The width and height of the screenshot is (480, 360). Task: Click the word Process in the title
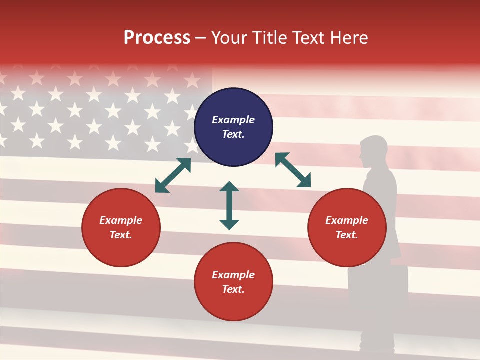click(x=157, y=38)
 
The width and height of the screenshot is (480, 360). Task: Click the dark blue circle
click(x=233, y=127)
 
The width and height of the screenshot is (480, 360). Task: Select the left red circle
click(x=121, y=227)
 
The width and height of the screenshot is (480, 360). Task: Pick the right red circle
click(x=347, y=227)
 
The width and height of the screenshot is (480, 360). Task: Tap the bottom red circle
click(x=233, y=282)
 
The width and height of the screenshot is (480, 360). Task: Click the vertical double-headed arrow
click(x=229, y=205)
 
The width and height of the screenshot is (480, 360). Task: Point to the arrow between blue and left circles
click(x=173, y=175)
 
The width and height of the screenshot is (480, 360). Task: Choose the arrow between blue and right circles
click(x=293, y=170)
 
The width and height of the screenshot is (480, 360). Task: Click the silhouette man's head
click(x=372, y=150)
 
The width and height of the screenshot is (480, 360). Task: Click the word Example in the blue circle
click(x=233, y=120)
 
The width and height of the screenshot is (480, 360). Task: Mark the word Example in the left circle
click(x=121, y=220)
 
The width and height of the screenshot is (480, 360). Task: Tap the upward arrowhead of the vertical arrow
click(x=229, y=186)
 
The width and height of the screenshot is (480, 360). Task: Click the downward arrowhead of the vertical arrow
click(x=229, y=224)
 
